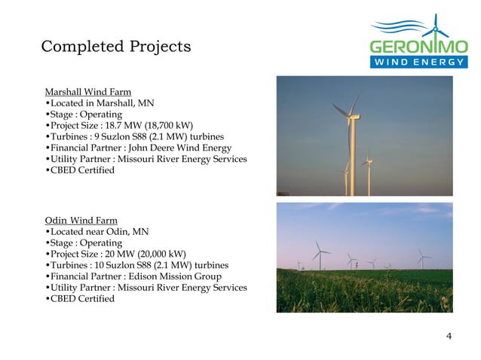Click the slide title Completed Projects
pyautogui.click(x=115, y=47)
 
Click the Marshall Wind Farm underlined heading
pyautogui.click(x=88, y=92)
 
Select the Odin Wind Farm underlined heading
pyautogui.click(x=81, y=220)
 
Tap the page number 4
pyautogui.click(x=449, y=336)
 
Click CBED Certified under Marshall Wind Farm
pyautogui.click(x=81, y=170)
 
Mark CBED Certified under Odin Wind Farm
pyautogui.click(x=81, y=299)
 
